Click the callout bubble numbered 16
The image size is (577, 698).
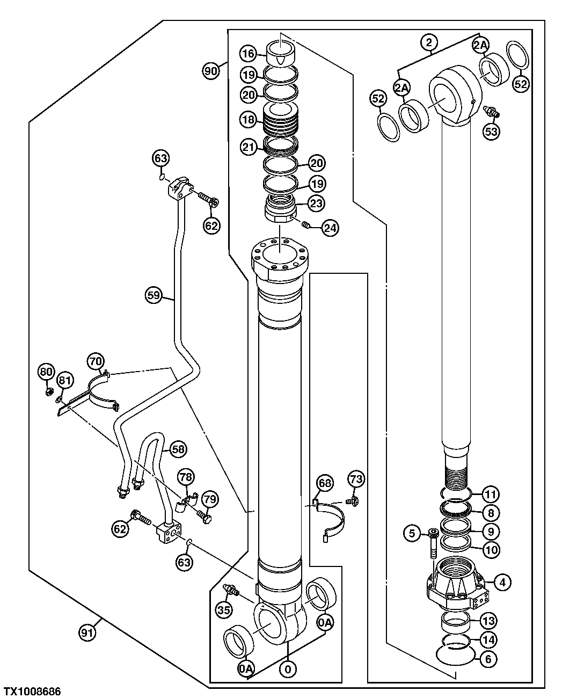point(247,54)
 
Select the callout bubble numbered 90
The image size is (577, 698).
point(211,70)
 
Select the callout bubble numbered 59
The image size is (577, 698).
point(154,294)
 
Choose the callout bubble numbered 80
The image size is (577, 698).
point(46,371)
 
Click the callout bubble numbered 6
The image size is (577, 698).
point(487,659)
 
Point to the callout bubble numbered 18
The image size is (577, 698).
point(249,120)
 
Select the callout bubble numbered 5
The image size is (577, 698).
point(412,533)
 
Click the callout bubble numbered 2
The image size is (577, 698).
point(429,42)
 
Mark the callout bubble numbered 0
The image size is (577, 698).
point(288,669)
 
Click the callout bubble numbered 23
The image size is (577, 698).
point(316,204)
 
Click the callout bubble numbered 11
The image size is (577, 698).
point(491,493)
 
